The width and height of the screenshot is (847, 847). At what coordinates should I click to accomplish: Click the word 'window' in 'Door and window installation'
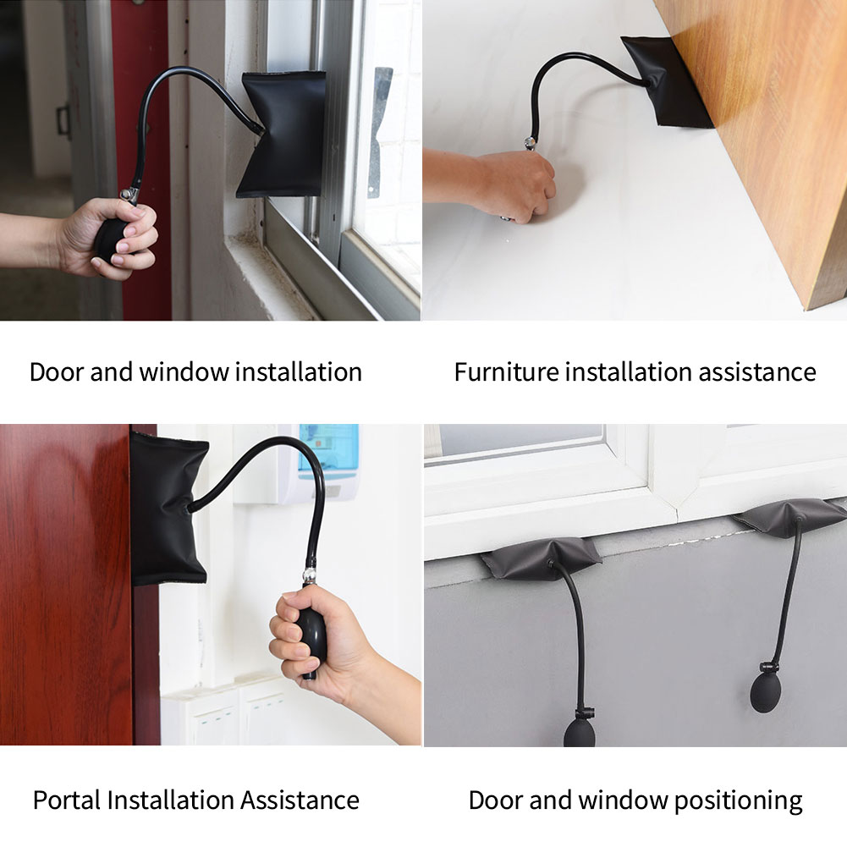tap(184, 371)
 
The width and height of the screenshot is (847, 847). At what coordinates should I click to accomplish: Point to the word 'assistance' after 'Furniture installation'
tap(756, 371)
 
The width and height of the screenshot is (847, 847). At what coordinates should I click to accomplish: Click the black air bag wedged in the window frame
tap(281, 134)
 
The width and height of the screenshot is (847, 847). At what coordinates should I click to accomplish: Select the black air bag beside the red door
tap(168, 509)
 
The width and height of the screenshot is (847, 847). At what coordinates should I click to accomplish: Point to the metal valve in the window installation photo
tap(129, 195)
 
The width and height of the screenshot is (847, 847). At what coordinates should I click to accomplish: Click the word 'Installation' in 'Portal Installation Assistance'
tap(171, 800)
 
